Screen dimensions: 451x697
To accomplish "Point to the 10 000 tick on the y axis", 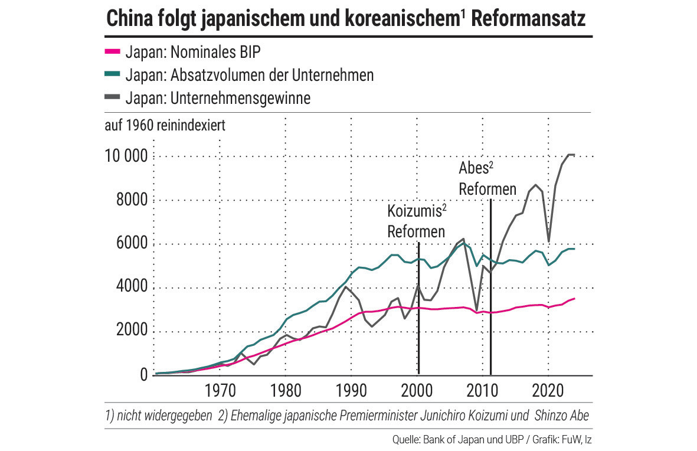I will pos(126,157).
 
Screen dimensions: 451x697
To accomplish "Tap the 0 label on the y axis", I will pos(143,375).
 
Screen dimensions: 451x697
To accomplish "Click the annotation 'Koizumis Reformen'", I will pos(415,221).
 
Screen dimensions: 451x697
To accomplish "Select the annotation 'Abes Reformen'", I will pos(487,179).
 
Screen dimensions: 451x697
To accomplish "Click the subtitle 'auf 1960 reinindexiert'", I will pos(165,126).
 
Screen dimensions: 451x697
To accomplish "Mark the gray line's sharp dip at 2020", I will pos(549,241).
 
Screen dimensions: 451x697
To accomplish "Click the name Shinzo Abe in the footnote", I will pos(561,416).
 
